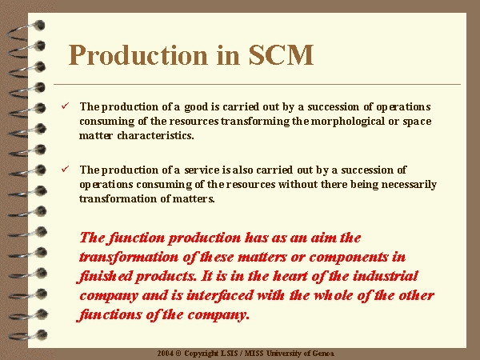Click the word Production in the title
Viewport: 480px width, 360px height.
pyautogui.click(x=138, y=55)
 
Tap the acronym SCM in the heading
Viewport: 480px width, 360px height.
pyautogui.click(x=281, y=55)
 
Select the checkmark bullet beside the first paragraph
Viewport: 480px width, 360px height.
pyautogui.click(x=66, y=106)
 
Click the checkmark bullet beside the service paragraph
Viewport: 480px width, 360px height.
pyautogui.click(x=66, y=169)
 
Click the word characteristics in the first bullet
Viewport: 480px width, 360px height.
pyautogui.click(x=155, y=135)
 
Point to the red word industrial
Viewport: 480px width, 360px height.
pyautogui.click(x=385, y=276)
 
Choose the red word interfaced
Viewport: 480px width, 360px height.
pyautogui.click(x=220, y=295)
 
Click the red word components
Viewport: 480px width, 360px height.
pyautogui.click(x=348, y=258)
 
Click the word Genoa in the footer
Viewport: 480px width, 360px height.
pyautogui.click(x=323, y=354)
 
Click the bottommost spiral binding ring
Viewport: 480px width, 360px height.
pyautogui.click(x=27, y=335)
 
